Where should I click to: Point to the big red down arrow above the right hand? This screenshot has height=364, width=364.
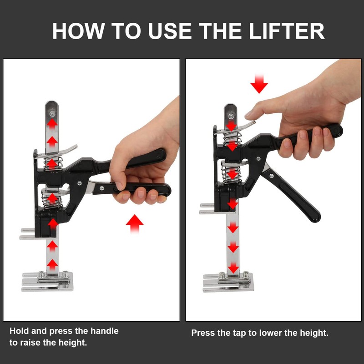(x=259, y=84)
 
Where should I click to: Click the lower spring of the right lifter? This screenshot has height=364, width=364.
(x=231, y=172)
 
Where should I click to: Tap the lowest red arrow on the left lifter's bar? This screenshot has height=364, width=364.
(x=53, y=264)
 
